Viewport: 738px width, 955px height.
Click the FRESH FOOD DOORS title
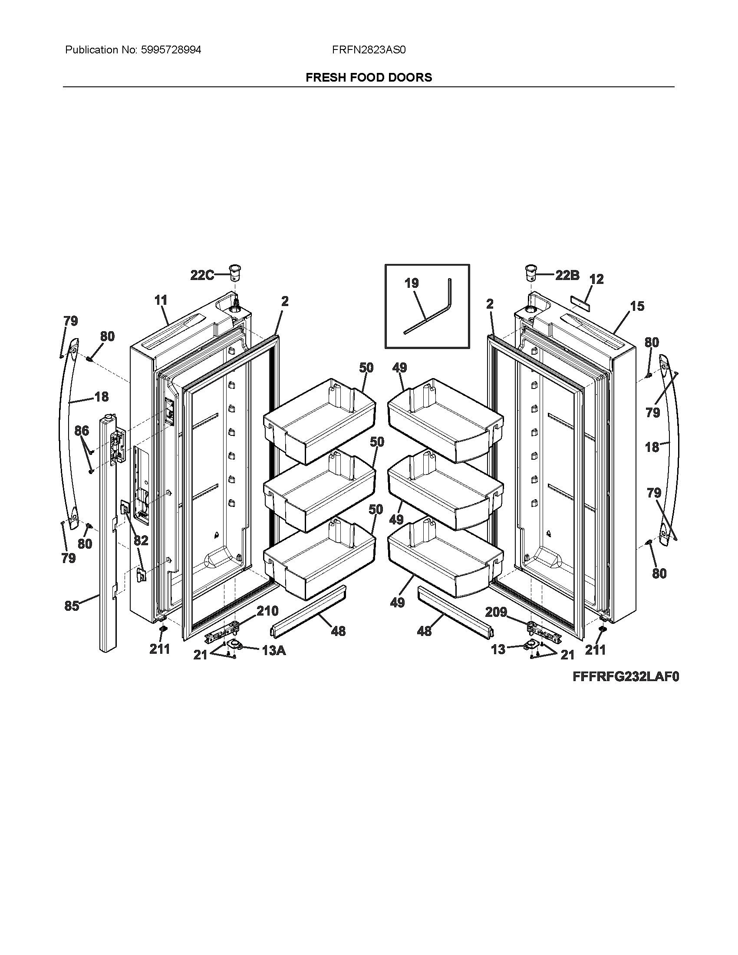point(369,77)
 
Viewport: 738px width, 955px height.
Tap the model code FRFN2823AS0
point(369,50)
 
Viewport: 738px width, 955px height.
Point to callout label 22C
point(201,275)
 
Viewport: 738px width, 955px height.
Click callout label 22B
point(567,275)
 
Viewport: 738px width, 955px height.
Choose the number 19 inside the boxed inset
point(411,283)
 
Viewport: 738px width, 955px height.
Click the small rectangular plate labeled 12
point(580,302)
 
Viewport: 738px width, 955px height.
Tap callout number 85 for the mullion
point(72,606)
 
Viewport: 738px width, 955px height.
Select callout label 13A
point(273,651)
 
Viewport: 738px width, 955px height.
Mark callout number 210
point(267,611)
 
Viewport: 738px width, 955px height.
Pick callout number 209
point(496,612)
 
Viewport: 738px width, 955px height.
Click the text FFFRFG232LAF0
point(626,677)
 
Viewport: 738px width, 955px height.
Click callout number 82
point(141,541)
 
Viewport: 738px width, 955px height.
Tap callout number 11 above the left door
point(161,300)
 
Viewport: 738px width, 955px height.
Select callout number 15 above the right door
point(637,306)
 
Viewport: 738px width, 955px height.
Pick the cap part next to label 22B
point(531,273)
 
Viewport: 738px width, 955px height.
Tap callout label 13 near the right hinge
point(498,650)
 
